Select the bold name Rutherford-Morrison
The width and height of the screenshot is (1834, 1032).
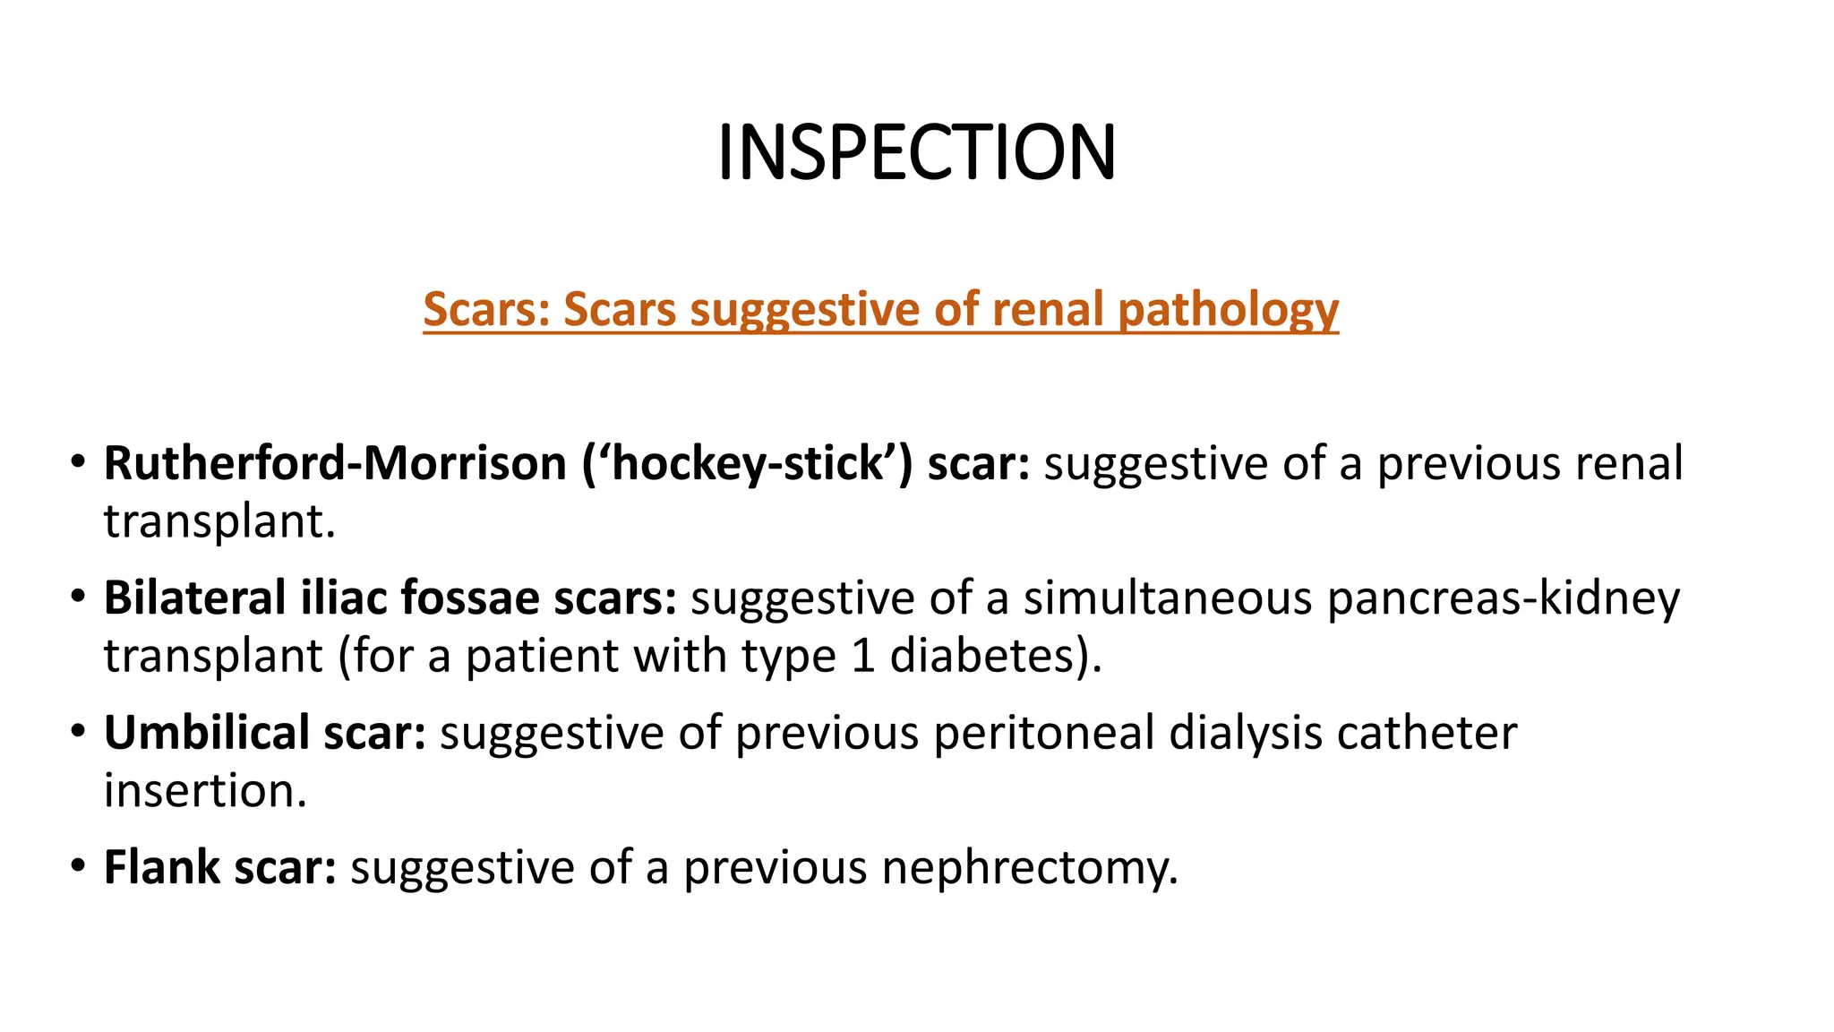click(x=336, y=464)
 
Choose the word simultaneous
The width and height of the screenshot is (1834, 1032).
click(x=1168, y=598)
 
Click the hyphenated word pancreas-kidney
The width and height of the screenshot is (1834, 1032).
click(x=1504, y=598)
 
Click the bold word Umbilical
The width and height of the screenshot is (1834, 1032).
click(x=207, y=733)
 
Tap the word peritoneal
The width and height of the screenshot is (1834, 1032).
click(x=1044, y=733)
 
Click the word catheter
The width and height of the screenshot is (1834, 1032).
click(x=1427, y=733)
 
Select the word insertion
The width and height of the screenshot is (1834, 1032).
click(x=205, y=791)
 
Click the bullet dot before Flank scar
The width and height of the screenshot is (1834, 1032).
click(x=79, y=865)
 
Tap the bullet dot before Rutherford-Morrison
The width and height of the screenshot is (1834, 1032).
click(x=79, y=462)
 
